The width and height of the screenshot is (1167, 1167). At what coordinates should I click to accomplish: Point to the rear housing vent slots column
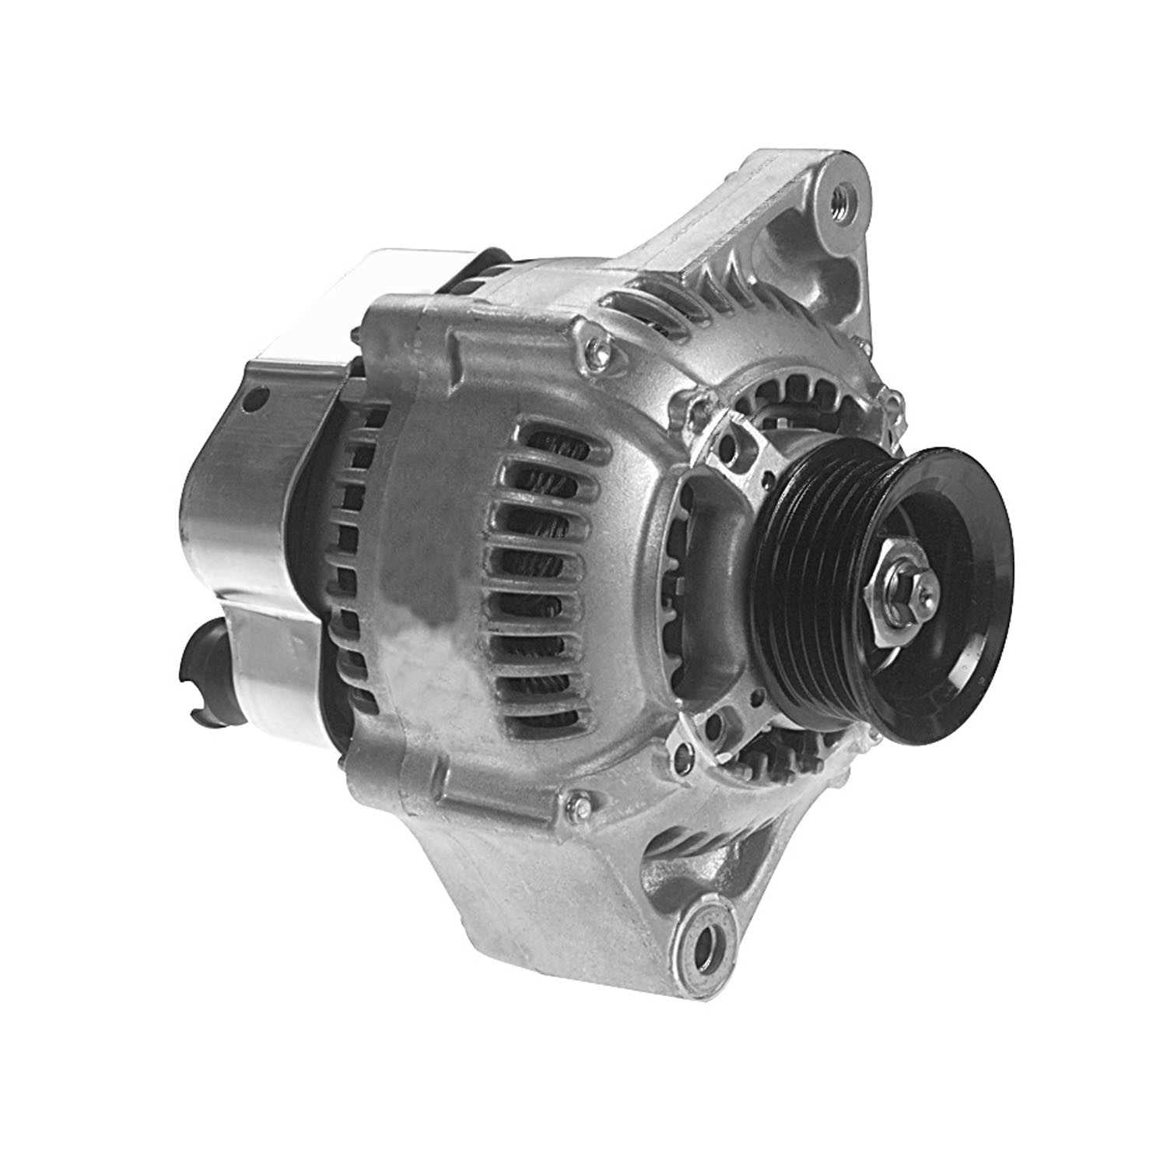click(354, 560)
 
